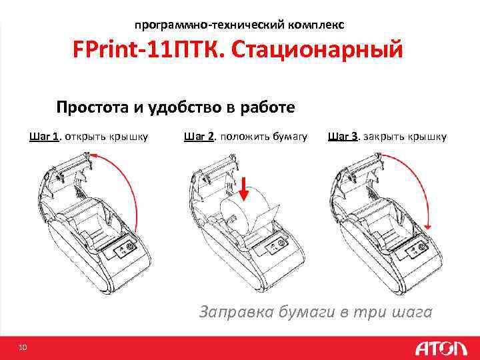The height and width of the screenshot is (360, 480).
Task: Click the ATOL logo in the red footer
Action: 441,349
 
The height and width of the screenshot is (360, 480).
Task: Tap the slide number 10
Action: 23,347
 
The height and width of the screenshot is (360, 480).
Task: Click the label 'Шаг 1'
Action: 44,136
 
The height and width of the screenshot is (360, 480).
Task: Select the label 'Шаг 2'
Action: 199,136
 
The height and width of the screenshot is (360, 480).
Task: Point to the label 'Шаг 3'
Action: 343,136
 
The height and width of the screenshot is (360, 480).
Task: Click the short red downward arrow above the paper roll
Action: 244,189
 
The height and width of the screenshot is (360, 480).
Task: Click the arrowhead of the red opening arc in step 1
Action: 93,155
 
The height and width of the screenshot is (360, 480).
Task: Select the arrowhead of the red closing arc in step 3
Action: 428,227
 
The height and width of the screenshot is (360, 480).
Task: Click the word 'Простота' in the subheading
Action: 93,107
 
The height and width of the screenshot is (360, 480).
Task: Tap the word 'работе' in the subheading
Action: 267,107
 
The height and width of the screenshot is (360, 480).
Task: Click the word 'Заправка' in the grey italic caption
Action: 236,312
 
